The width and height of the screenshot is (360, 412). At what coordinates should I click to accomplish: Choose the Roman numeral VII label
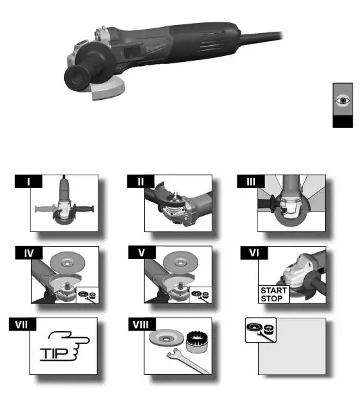click(28, 324)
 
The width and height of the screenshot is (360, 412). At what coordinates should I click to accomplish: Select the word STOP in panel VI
click(272, 298)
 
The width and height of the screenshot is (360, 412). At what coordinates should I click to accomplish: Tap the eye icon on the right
click(343, 100)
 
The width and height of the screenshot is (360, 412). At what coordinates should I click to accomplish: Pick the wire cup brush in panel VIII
click(196, 339)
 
